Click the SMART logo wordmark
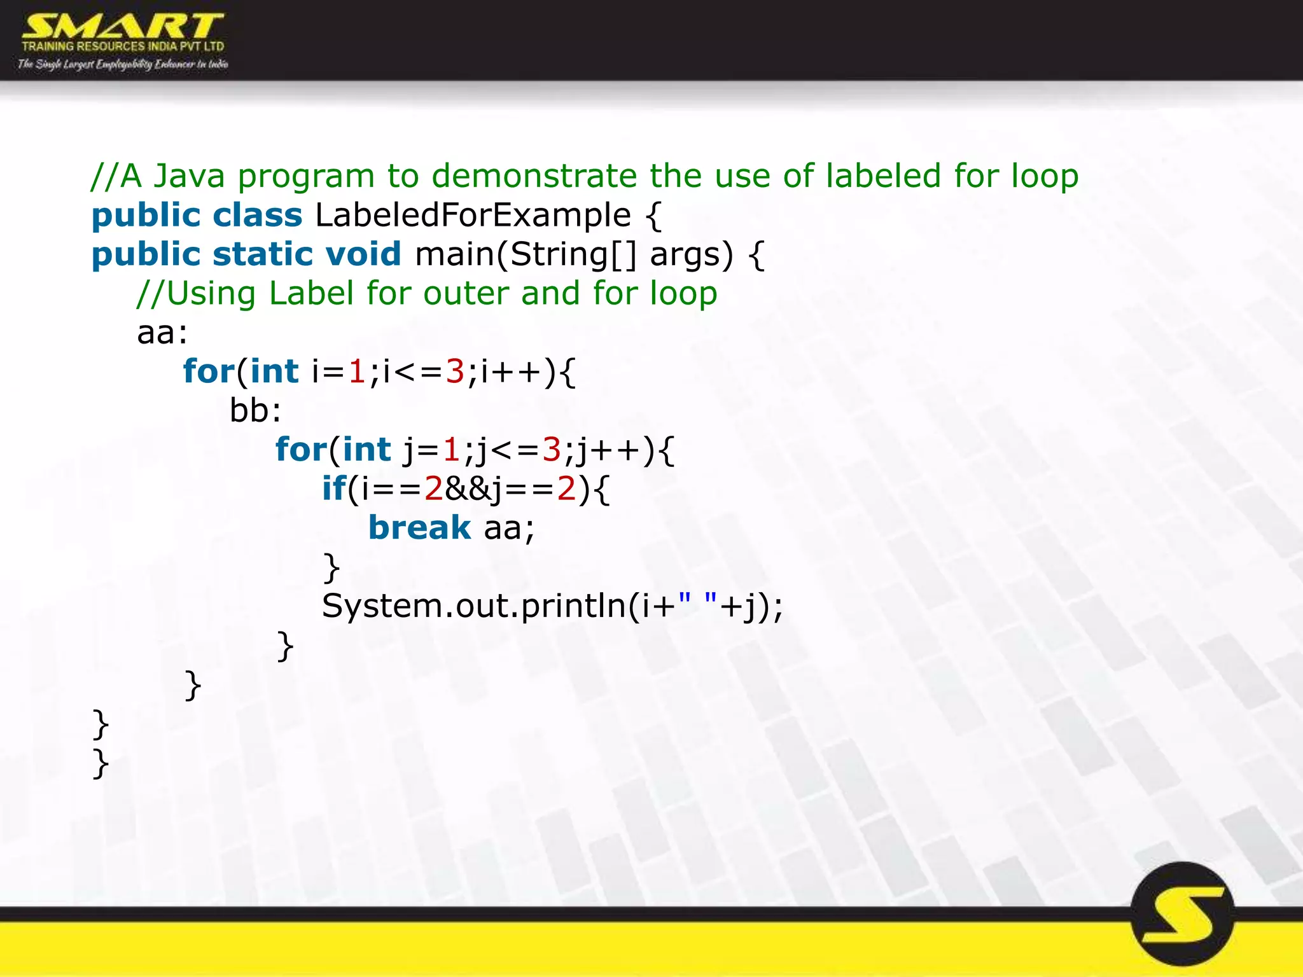122,27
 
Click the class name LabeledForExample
473,215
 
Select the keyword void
363,254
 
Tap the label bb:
255,411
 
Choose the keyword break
419,528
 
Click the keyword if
334,488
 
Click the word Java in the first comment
189,176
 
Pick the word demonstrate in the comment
534,176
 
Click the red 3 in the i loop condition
455,371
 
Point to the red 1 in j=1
451,450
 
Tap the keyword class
257,215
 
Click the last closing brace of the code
101,763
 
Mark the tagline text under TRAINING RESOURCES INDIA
123,64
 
